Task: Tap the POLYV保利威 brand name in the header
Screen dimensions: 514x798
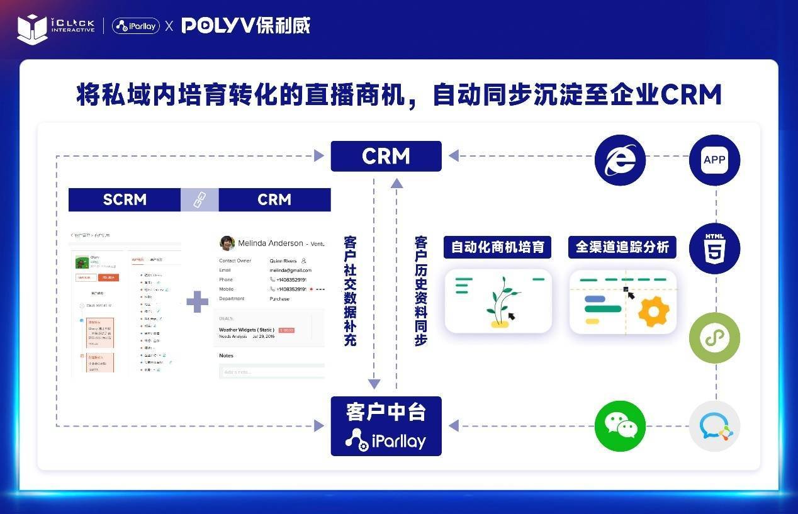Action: pos(246,26)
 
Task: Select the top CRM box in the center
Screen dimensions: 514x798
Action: pos(386,156)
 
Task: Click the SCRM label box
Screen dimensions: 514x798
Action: pos(125,199)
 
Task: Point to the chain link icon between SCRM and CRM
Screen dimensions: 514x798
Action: pos(199,200)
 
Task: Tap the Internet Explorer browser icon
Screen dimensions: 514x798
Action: pos(620,160)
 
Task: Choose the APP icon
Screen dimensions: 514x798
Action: pos(714,160)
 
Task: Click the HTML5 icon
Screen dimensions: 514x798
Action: pos(714,248)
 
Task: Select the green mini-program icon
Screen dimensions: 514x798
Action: pos(714,338)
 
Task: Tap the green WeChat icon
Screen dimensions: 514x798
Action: pos(620,426)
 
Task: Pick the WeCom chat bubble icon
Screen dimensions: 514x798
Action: pos(714,426)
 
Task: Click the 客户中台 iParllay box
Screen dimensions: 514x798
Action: pos(386,426)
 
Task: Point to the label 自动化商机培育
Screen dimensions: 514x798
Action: pos(497,247)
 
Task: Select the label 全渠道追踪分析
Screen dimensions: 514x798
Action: pos(622,247)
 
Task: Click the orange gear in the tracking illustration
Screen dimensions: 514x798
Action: pos(653,311)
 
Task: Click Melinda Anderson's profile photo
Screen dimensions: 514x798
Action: pos(227,243)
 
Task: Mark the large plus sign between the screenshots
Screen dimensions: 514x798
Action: pos(197,301)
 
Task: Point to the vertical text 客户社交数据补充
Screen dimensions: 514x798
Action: pos(350,291)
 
